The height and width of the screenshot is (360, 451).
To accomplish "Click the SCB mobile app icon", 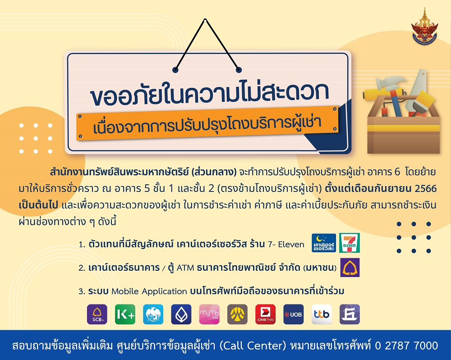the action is [x=97, y=314].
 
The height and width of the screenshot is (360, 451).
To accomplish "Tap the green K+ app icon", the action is [x=125, y=314].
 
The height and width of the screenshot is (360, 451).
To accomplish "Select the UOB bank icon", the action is [x=294, y=314].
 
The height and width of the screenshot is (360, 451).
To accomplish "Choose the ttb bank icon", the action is [x=322, y=314].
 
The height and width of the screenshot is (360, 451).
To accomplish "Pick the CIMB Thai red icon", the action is [x=266, y=314].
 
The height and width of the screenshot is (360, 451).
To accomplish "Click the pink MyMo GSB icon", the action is [x=209, y=314].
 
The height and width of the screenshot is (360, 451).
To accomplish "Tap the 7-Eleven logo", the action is [x=350, y=243].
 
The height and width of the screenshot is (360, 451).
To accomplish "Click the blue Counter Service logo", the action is [x=324, y=243].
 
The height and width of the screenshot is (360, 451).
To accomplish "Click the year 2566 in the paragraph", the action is [x=426, y=188].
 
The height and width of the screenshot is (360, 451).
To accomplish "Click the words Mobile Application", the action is [x=149, y=292].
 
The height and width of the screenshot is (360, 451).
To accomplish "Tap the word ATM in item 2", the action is [x=185, y=268].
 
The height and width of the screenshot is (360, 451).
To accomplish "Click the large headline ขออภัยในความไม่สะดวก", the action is [x=210, y=92].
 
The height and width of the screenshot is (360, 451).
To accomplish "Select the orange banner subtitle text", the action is [x=207, y=126].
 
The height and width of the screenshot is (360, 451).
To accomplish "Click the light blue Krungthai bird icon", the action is [x=153, y=314].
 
